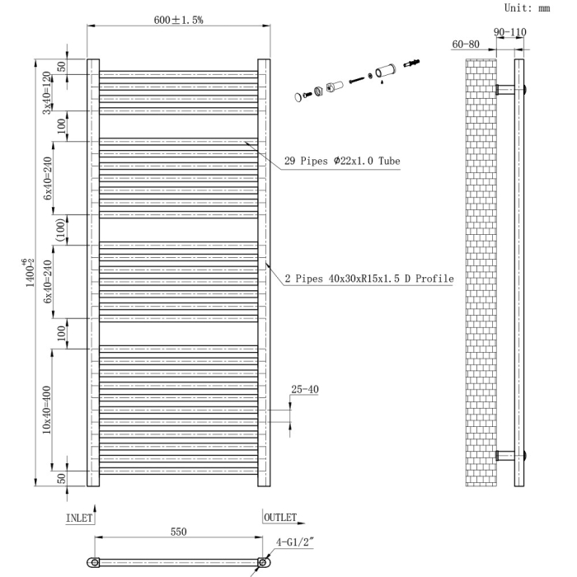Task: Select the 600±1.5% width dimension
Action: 179,20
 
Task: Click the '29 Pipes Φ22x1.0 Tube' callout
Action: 342,161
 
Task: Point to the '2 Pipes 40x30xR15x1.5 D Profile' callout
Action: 369,279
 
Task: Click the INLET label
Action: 79,518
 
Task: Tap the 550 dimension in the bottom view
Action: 178,532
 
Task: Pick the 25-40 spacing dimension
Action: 304,390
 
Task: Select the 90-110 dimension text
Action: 510,32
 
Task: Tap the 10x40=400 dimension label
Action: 48,409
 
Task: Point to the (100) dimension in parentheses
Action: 60,230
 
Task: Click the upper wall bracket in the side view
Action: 512,88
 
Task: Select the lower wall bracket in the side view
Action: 512,455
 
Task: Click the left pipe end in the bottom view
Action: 95,562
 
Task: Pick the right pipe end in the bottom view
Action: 263,562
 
